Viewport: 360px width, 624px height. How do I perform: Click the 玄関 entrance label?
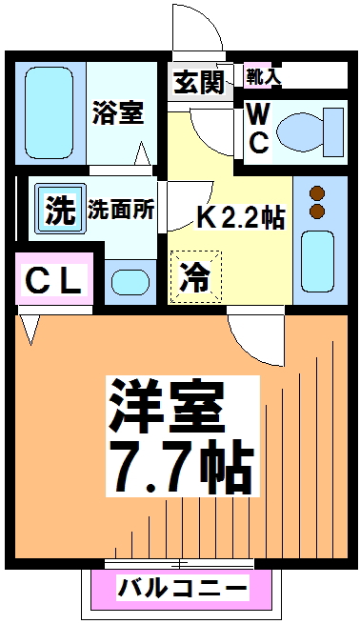pos(199,82)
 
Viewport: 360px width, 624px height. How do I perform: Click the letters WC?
pos(258,131)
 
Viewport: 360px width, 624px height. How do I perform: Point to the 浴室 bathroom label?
pos(118,113)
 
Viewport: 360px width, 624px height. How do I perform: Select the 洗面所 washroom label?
pos(123,209)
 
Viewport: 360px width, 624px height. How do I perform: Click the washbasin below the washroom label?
pos(128,282)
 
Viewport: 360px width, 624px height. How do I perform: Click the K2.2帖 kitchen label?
pos(240,217)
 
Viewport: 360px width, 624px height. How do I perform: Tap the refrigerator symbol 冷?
pos(195,277)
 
